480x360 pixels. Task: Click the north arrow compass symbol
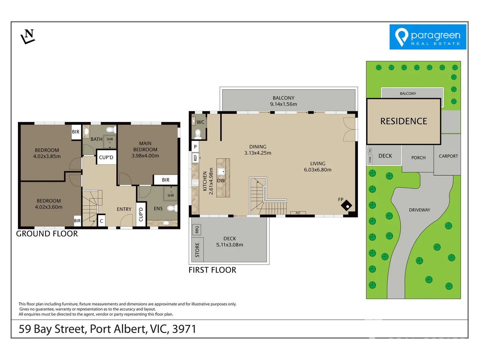click(28, 36)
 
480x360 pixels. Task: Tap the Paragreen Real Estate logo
click(428, 37)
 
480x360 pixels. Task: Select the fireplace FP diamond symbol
click(347, 206)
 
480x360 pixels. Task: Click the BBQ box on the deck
click(197, 230)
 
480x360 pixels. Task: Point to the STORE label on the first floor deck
click(197, 250)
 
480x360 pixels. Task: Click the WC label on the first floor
click(200, 122)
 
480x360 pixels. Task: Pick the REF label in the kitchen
click(195, 158)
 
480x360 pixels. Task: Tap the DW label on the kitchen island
click(221, 181)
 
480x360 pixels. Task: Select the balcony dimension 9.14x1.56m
click(283, 104)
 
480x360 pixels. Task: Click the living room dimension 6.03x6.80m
click(317, 170)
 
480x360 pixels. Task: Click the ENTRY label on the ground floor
click(124, 209)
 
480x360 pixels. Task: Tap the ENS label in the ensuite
click(158, 209)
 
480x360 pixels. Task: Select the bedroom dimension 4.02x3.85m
click(47, 156)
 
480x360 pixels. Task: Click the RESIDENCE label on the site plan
click(404, 121)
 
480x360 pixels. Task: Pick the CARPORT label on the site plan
click(448, 156)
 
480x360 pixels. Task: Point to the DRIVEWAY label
click(419, 210)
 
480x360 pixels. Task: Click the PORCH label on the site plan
click(418, 158)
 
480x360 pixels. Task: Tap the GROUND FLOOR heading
click(47, 234)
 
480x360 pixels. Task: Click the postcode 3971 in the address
click(184, 329)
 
